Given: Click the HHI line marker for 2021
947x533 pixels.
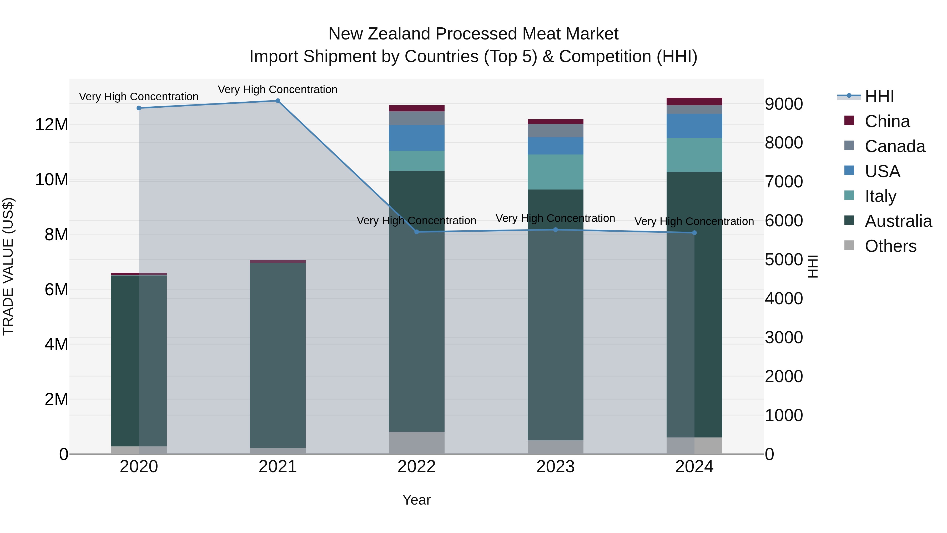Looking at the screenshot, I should (278, 101).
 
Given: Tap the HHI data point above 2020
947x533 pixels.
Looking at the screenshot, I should (139, 108).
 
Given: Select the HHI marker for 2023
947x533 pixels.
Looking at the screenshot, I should (556, 230).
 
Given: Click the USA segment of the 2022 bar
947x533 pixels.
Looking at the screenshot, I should (416, 138).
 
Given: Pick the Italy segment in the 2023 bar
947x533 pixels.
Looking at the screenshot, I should (556, 172).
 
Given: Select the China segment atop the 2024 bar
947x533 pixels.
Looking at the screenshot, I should (694, 102).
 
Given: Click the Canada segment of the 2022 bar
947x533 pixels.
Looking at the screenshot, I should (416, 118).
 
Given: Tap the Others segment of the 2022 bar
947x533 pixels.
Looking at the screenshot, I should (416, 443).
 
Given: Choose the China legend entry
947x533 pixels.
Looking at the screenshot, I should (887, 121).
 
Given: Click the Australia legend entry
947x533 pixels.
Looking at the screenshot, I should (898, 221).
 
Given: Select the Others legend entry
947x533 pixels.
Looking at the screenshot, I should (890, 246).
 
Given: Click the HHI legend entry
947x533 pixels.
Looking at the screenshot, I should (879, 96).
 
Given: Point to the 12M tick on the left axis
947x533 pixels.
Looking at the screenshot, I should (52, 125).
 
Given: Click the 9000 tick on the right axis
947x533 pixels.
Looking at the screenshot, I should (784, 104).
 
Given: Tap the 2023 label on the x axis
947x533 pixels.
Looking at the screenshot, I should (556, 466).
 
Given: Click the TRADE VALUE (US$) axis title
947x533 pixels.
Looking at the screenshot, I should (8, 266).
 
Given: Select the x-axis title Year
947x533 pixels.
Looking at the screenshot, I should (416, 500).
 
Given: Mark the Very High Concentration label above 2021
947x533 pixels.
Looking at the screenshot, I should (278, 89).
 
